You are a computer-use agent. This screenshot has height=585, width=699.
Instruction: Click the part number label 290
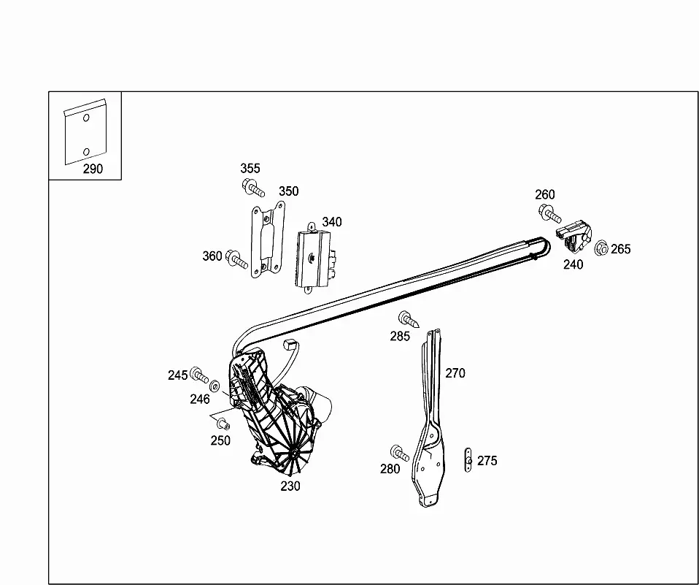click(93, 169)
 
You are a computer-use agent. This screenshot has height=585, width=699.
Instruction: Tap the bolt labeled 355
click(253, 187)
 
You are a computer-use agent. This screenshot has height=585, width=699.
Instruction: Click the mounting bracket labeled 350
click(268, 239)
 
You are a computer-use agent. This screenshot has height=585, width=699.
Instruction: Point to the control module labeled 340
click(314, 258)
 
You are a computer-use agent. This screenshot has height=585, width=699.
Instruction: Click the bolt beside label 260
click(549, 213)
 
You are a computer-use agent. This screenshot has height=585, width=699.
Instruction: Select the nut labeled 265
click(601, 248)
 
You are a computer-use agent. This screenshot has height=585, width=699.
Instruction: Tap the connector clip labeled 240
click(574, 237)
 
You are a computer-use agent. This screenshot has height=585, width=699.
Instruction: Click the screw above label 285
click(409, 319)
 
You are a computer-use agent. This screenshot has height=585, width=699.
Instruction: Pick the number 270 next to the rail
click(455, 373)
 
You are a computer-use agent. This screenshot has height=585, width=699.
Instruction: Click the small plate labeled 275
click(468, 460)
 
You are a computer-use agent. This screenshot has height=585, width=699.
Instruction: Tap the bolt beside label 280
click(399, 453)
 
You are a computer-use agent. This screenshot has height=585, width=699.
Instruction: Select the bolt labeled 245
click(198, 375)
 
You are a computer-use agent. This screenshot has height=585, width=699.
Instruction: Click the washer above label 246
click(215, 385)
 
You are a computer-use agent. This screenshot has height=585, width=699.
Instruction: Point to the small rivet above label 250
click(223, 423)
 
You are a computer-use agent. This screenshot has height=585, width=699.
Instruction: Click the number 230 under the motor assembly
click(290, 486)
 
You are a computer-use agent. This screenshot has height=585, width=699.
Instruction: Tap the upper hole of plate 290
click(87, 118)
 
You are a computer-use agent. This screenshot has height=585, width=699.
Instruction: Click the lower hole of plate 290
click(87, 152)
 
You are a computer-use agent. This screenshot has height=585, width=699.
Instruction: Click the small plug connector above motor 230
click(289, 344)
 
